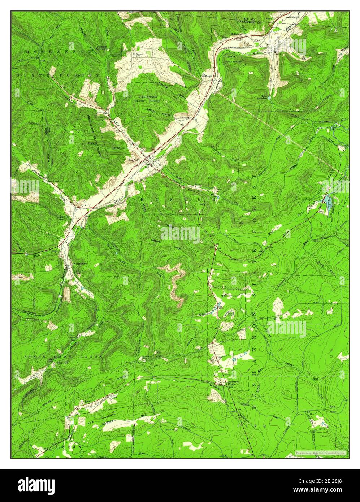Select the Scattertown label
pyautogui.click(x=294, y=17)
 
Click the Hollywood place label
pyautogui.click(x=237, y=34)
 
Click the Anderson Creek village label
pyautogui.click(x=231, y=383)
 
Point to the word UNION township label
pyautogui.click(x=69, y=447)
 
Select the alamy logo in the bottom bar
pyautogui.click(x=36, y=485)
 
